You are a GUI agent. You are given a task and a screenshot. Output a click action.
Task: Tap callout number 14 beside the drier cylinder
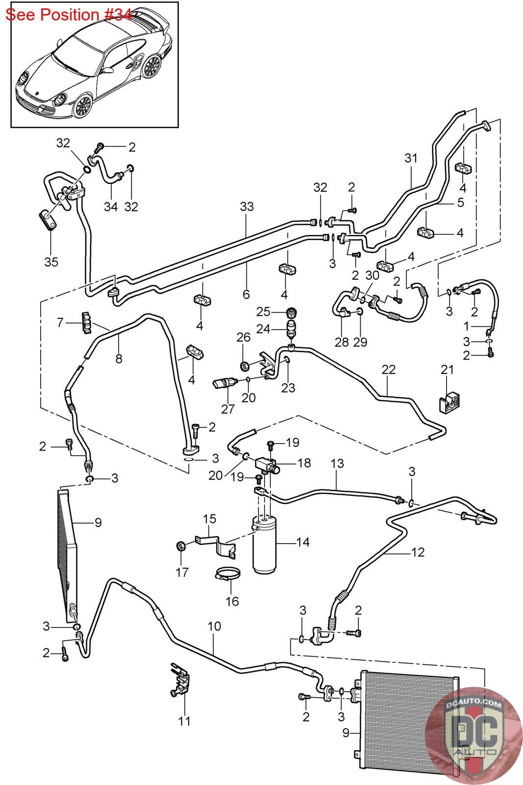(302, 542)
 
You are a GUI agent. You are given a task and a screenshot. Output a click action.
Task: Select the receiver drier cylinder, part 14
(265, 545)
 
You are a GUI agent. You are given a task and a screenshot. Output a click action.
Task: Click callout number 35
(51, 262)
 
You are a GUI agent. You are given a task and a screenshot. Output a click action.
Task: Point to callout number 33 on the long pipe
(247, 207)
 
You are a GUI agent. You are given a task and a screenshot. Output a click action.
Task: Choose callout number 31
(411, 158)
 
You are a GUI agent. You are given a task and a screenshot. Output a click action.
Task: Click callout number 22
(388, 369)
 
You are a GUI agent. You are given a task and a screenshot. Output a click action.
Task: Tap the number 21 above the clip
(447, 369)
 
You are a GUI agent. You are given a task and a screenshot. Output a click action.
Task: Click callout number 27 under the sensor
(228, 408)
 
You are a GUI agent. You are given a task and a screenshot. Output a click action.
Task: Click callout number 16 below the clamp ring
(232, 601)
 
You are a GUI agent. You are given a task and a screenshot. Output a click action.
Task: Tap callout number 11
(185, 721)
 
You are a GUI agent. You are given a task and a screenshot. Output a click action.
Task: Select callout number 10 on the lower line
(214, 627)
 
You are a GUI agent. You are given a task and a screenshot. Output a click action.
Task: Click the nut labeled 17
(180, 546)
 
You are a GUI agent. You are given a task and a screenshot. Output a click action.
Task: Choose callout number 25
(264, 312)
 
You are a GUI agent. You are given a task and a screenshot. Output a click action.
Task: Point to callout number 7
(60, 323)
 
